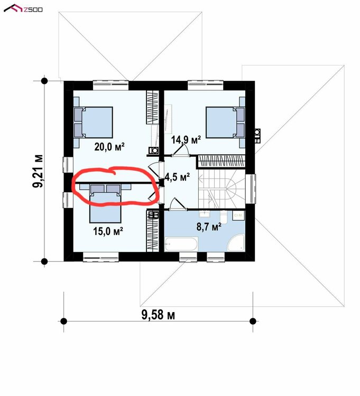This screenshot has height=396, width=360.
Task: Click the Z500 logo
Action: pyautogui.click(x=23, y=8)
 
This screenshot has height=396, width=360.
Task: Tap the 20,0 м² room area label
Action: pyautogui.click(x=109, y=146)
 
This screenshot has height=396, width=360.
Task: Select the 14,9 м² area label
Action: pyautogui.click(x=186, y=139)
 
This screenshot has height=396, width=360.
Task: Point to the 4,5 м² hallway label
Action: pyautogui.click(x=177, y=177)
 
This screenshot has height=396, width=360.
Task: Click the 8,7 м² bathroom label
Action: pyautogui.click(x=209, y=227)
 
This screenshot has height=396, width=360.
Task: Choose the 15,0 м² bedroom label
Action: pyautogui.click(x=108, y=231)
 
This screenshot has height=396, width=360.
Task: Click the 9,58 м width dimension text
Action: pyautogui.click(x=158, y=315)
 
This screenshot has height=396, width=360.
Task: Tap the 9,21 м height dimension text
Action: pyautogui.click(x=38, y=171)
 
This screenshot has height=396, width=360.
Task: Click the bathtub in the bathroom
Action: pyautogui.click(x=181, y=244)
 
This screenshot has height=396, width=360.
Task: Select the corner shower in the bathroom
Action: pyautogui.click(x=236, y=243)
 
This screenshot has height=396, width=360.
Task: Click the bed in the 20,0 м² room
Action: pyautogui.click(x=93, y=122)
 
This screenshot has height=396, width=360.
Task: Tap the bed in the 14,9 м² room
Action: pyautogui.click(x=225, y=122)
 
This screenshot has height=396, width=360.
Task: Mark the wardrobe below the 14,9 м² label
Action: pyautogui.click(x=221, y=162)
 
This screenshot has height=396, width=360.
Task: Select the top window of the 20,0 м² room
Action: pyautogui.click(x=110, y=85)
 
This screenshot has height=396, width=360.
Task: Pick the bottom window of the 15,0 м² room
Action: pyautogui.click(x=101, y=257)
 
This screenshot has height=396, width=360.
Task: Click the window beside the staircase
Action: pyautogui.click(x=251, y=189)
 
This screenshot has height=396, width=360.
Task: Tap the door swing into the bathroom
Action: pyautogui.click(x=178, y=204)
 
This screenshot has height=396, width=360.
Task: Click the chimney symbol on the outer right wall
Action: pyautogui.click(x=257, y=136)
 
